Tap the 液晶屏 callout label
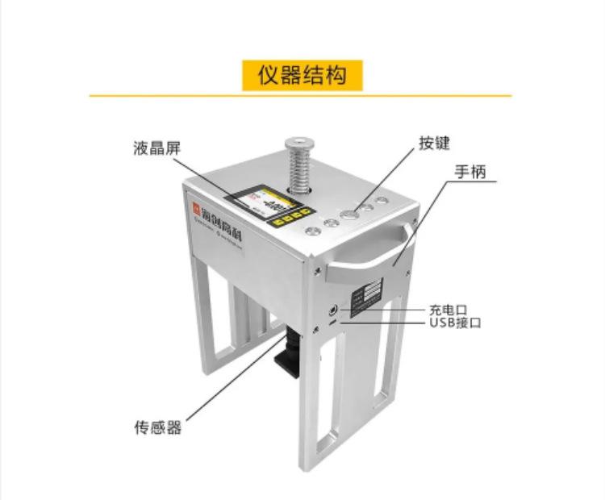pyautogui.click(x=157, y=148)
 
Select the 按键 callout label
pyautogui.click(x=433, y=143)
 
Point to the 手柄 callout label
pyautogui.click(x=473, y=171)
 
